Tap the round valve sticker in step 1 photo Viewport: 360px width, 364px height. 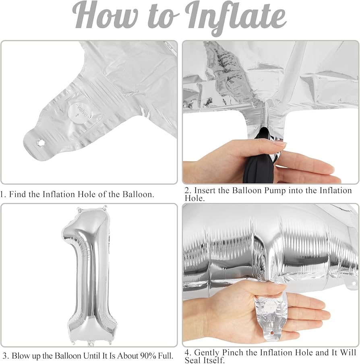80,112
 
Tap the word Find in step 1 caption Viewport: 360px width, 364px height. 18,194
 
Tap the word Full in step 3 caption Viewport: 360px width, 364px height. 166,356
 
